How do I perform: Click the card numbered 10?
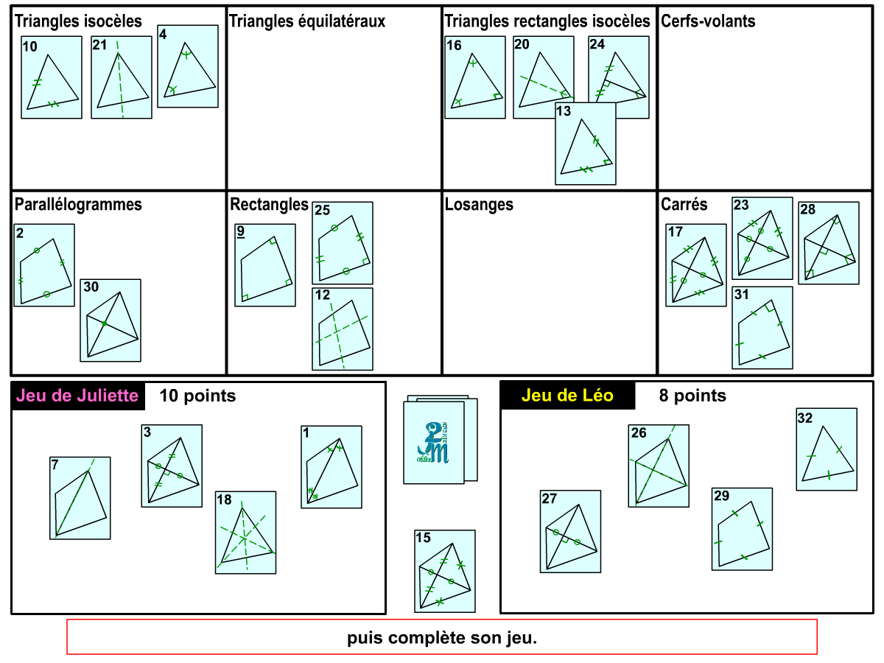(x=52, y=77)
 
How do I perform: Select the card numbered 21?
(x=122, y=77)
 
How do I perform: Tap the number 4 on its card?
(x=163, y=33)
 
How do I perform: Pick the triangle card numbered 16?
(x=475, y=77)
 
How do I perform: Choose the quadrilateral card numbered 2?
(x=44, y=265)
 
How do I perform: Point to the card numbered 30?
(x=110, y=320)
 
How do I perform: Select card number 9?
(x=265, y=265)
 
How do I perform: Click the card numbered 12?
(x=343, y=329)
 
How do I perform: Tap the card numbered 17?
(x=696, y=265)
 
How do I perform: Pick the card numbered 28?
(x=829, y=243)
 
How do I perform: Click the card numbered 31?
(x=762, y=328)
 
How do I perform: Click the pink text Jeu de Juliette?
(x=77, y=396)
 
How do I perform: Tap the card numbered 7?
(x=80, y=498)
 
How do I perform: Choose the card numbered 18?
(x=246, y=533)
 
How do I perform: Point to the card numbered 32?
(x=827, y=449)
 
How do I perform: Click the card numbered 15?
(x=445, y=571)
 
